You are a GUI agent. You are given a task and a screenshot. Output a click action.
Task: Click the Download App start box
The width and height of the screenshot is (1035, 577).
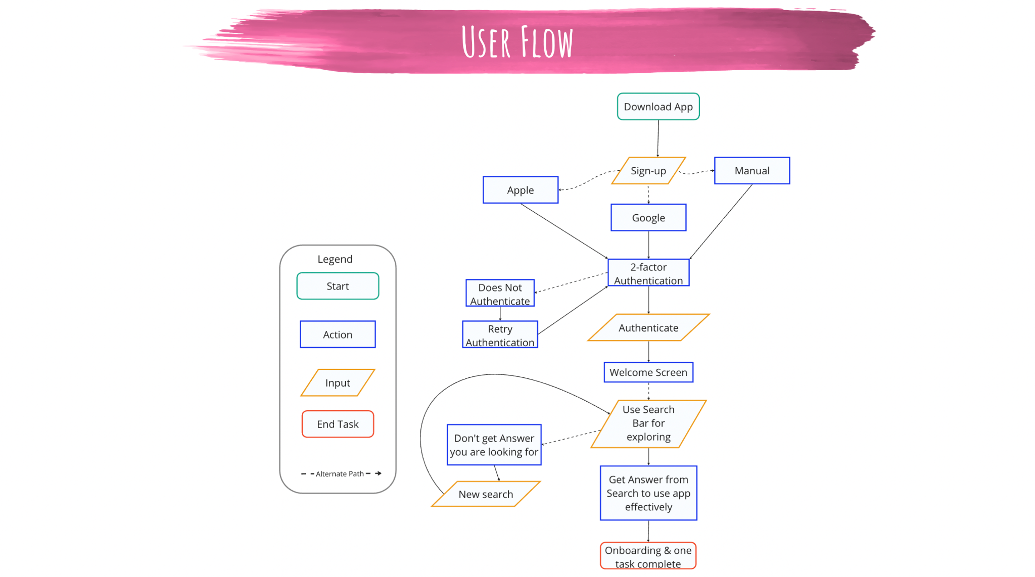point(658,107)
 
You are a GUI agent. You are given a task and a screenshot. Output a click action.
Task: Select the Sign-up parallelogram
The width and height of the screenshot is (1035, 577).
point(648,171)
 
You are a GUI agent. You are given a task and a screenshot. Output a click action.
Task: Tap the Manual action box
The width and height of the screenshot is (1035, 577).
point(752,171)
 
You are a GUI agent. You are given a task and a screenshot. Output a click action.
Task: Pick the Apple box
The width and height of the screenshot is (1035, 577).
point(521,190)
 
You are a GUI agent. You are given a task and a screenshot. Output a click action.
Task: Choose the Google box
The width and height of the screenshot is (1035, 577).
point(648,218)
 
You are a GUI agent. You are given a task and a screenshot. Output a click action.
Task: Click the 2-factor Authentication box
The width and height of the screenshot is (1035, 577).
point(648,273)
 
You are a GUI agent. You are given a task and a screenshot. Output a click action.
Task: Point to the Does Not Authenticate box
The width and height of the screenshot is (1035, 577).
point(500,294)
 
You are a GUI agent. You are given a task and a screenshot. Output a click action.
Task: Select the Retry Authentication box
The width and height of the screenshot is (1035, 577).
point(500,335)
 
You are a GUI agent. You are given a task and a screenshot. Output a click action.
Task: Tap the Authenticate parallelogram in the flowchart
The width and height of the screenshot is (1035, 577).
point(648,328)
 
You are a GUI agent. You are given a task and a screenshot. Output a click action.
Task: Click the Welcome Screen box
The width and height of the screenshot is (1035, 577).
point(648,372)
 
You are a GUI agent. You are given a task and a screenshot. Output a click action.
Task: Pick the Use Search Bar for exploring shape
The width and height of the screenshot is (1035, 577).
point(648,423)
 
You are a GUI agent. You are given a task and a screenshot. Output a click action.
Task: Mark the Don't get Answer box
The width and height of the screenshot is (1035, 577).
point(494,445)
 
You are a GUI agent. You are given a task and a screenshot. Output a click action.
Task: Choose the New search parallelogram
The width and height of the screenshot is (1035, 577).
point(486,494)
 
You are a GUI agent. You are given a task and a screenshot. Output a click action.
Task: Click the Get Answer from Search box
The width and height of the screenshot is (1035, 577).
point(648,493)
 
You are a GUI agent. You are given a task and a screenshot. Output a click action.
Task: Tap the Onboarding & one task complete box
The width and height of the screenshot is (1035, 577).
point(648,556)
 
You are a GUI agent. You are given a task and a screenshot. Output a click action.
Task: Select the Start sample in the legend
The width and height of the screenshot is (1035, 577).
point(338,286)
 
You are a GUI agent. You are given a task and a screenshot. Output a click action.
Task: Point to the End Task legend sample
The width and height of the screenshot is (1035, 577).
point(338,424)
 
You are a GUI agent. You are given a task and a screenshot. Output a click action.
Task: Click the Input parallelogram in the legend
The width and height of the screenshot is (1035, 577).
point(338,383)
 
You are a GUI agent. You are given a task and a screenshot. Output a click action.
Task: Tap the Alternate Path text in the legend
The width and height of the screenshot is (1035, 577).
point(340,474)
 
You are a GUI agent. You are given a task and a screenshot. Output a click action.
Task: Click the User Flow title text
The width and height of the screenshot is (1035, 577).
point(517,42)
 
